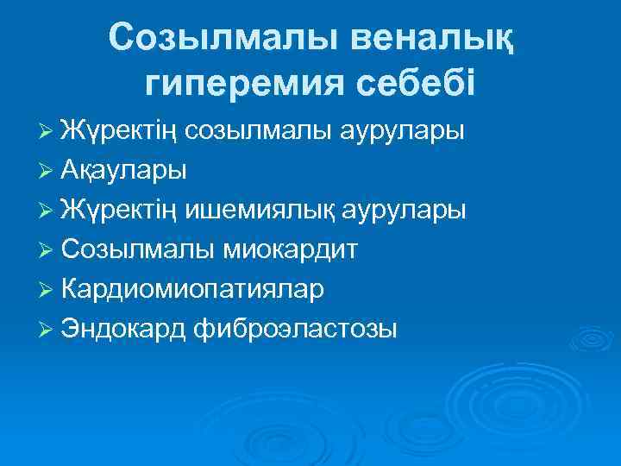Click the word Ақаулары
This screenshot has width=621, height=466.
123,170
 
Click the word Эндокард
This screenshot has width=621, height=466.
125,328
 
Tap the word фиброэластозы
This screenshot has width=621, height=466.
297,328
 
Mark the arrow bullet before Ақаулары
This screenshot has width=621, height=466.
47,171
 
